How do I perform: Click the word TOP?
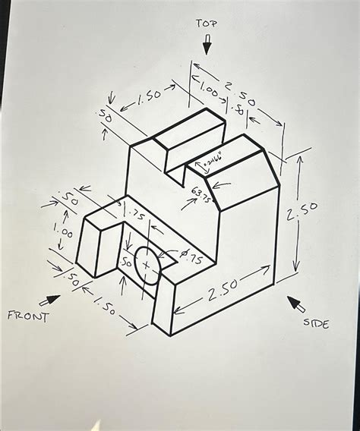tap(207, 24)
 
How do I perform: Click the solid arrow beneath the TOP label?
tap(207, 46)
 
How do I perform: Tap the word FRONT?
tap(27, 316)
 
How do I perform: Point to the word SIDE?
tap(316, 324)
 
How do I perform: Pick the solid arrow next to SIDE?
tap(296, 305)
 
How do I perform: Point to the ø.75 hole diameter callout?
tap(191, 259)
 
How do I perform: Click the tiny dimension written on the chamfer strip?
tap(210, 160)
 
